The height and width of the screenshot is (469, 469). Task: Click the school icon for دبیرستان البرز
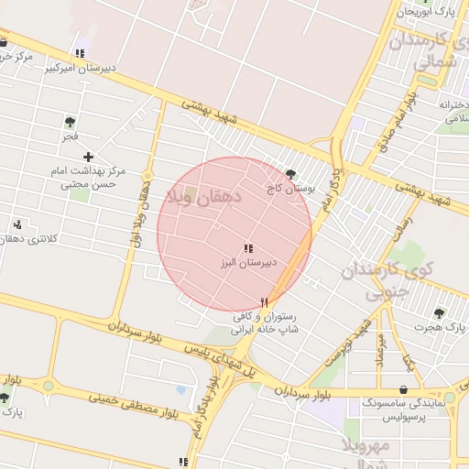coord(247,248)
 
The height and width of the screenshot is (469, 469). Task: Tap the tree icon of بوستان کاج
coord(291,173)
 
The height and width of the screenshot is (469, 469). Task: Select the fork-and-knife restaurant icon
coord(265,301)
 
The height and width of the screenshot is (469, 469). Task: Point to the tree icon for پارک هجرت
coord(439,312)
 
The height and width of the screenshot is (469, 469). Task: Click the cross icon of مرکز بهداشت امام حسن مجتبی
coord(88,158)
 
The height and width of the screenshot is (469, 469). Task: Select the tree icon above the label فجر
coord(70,121)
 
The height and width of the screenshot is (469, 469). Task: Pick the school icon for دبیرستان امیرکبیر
coord(81,53)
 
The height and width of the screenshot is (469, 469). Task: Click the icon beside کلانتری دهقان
coord(16,224)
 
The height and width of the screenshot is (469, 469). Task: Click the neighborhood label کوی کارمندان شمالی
coord(422,51)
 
